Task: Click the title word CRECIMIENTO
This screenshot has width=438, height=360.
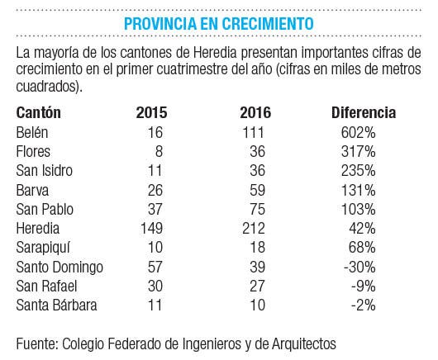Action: tap(268, 23)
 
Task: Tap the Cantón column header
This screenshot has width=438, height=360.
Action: tap(39, 112)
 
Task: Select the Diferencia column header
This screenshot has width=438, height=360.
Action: tap(364, 112)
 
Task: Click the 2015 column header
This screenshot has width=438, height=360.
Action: tap(152, 112)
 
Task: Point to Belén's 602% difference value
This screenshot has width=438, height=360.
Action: tap(359, 132)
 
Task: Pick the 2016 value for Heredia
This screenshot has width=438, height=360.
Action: tap(254, 228)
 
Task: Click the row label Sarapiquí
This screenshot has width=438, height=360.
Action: tap(43, 248)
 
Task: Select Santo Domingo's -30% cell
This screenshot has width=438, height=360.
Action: tap(359, 267)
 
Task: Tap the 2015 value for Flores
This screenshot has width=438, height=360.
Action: tap(159, 152)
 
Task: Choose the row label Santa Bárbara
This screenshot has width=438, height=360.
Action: tap(57, 305)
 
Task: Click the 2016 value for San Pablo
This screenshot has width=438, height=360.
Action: tap(257, 209)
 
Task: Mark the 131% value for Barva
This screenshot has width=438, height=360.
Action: tap(359, 191)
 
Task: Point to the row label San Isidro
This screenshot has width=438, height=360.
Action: tap(45, 171)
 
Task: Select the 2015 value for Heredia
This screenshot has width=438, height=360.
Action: tap(152, 228)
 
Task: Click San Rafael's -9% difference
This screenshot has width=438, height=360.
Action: tap(364, 286)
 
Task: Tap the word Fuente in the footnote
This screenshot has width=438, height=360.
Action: tap(37, 343)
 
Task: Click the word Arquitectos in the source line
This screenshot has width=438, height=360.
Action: tap(304, 343)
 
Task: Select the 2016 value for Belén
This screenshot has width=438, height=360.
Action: tap(254, 132)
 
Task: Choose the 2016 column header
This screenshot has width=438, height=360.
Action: tap(255, 112)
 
